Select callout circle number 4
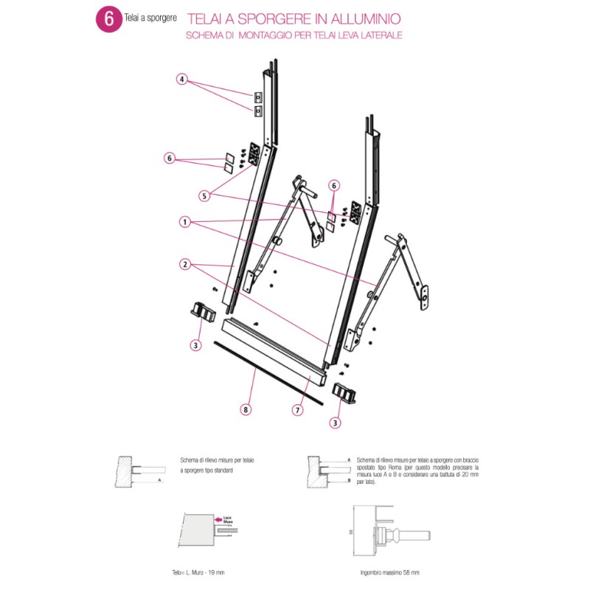point(182,79)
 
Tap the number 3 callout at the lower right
point(336,423)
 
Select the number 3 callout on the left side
point(195,344)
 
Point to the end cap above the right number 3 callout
point(344,392)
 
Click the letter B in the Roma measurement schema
point(347,479)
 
